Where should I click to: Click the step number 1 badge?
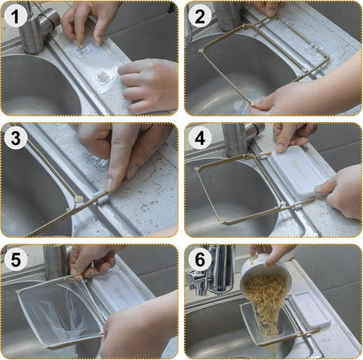pyautogui.click(x=16, y=17)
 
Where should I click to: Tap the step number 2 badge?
pyautogui.click(x=200, y=17)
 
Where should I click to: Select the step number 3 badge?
pyautogui.click(x=16, y=139)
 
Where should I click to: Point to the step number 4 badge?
pyautogui.click(x=200, y=139)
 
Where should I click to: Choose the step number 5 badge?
pyautogui.click(x=16, y=260)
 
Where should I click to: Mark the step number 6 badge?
pyautogui.click(x=200, y=260)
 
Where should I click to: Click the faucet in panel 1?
pyautogui.click(x=37, y=28)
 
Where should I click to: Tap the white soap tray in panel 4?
pyautogui.click(x=298, y=171)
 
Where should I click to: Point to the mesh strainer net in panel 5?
pyautogui.click(x=59, y=312)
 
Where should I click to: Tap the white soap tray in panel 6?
pyautogui.click(x=310, y=309)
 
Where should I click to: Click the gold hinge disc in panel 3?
pyautogui.click(x=79, y=199)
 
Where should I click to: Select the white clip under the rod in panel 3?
pyautogui.click(x=102, y=200)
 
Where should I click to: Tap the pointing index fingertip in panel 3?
pyautogui.click(x=109, y=185)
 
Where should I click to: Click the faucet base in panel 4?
pyautogui.click(x=234, y=140)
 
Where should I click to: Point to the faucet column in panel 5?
pyautogui.click(x=55, y=262)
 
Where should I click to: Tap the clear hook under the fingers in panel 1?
pyautogui.click(x=83, y=50)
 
